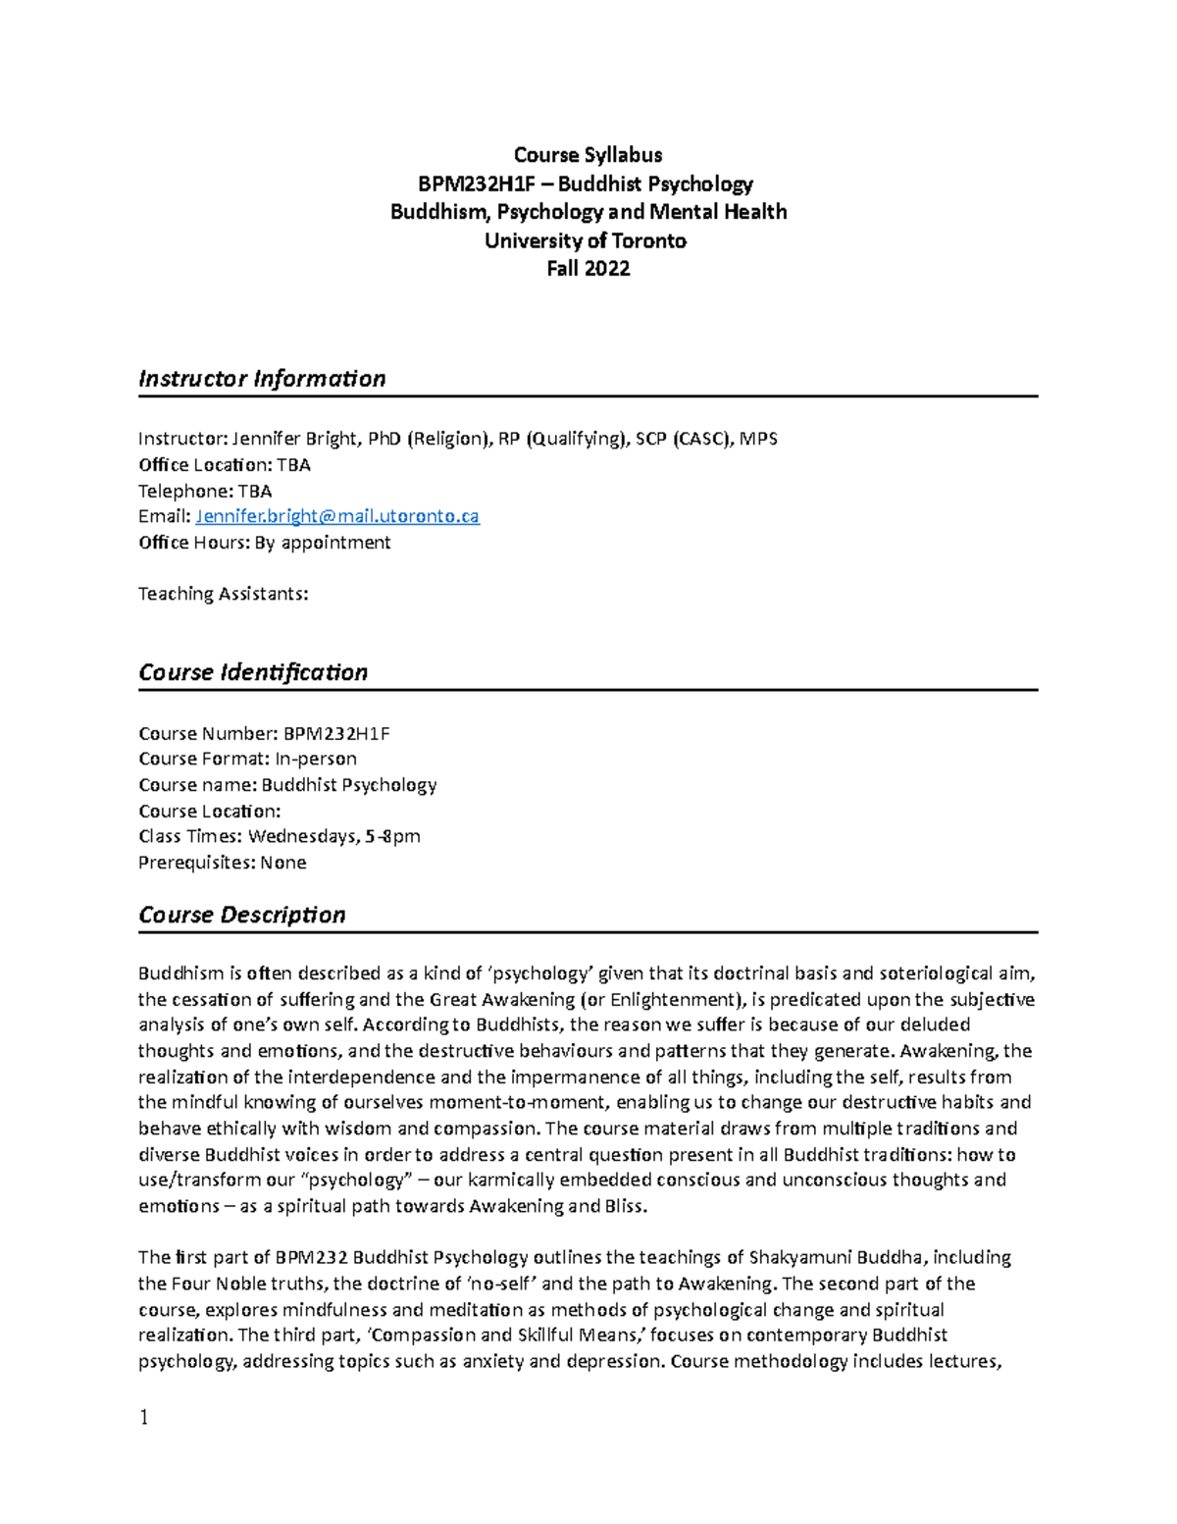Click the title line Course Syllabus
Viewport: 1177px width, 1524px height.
(x=588, y=155)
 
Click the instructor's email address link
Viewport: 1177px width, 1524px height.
(x=337, y=516)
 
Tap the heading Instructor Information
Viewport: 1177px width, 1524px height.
(x=262, y=379)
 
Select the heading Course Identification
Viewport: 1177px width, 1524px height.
(x=253, y=672)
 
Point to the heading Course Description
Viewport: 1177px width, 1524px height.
(x=242, y=915)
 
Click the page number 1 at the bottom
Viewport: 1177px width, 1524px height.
(x=144, y=1417)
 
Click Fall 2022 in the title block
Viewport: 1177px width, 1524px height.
(x=588, y=269)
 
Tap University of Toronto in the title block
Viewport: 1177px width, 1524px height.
(x=586, y=240)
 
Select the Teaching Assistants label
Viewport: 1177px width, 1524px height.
(x=224, y=594)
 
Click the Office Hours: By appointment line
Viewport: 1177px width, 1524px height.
(x=265, y=543)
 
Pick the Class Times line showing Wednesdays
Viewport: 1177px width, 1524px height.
(x=280, y=836)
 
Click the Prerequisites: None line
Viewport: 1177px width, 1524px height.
(x=223, y=863)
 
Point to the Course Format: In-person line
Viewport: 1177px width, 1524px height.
(x=247, y=759)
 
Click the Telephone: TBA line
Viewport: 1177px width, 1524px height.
(x=205, y=491)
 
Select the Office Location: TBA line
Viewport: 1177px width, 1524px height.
(x=225, y=465)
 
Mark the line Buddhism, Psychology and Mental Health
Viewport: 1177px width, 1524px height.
(x=588, y=212)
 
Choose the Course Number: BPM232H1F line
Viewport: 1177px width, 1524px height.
(x=264, y=733)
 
